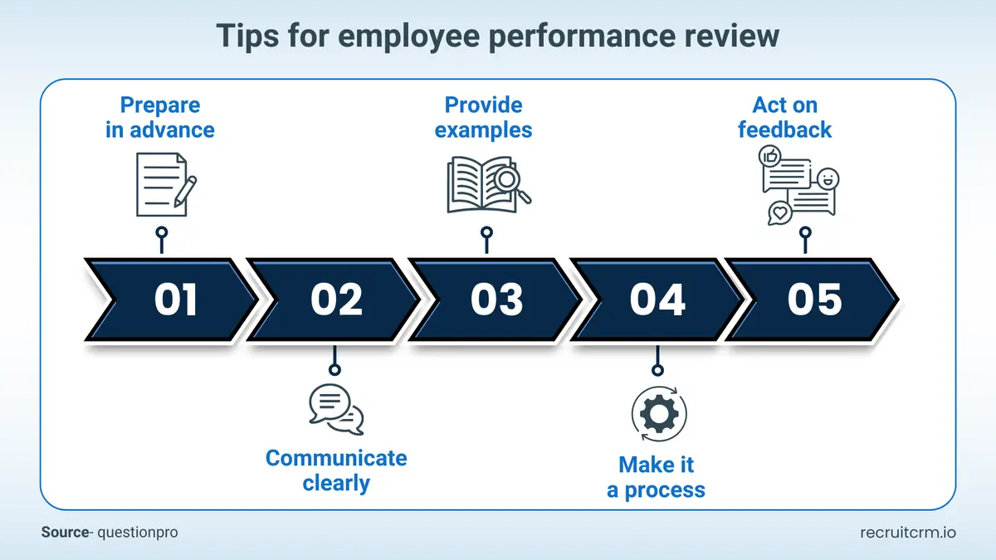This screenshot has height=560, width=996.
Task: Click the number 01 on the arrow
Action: [175, 299]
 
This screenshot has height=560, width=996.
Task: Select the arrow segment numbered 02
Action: [336, 299]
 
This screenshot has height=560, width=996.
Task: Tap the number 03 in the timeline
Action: [496, 299]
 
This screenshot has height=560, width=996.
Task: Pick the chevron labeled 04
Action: [657, 299]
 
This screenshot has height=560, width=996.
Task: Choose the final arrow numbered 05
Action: [814, 299]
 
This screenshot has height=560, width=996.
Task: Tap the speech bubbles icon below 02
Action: [335, 409]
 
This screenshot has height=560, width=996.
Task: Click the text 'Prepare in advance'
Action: [160, 118]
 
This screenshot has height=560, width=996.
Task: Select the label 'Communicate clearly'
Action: [336, 470]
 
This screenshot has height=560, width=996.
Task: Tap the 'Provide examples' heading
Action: [484, 118]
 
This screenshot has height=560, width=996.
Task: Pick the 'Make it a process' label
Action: [656, 477]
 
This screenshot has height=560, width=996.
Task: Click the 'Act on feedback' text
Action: [784, 118]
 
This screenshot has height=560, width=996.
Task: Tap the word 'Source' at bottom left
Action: [64, 533]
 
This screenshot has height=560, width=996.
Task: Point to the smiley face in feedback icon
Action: [828, 178]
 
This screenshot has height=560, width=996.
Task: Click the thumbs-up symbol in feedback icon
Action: [769, 155]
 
